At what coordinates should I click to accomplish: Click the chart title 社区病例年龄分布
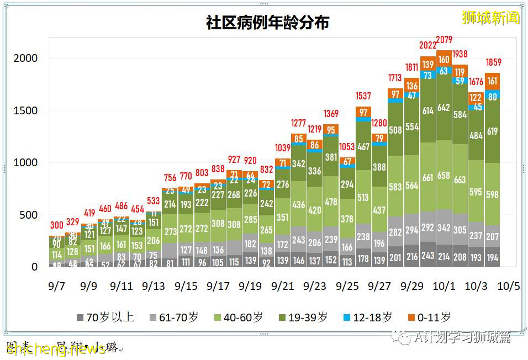pyautogui.click(x=267, y=23)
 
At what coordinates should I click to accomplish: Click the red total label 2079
pyautogui.click(x=444, y=39)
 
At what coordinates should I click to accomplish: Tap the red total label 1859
pyautogui.click(x=493, y=62)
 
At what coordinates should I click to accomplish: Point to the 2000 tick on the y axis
pyautogui.click(x=26, y=59)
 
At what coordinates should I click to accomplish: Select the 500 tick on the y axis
pyautogui.click(x=29, y=215)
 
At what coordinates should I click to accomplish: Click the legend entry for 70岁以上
pyautogui.click(x=105, y=317)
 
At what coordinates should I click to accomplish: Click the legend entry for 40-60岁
pyautogui.click(x=237, y=317)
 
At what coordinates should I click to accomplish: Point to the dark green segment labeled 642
pyautogui.click(x=444, y=108)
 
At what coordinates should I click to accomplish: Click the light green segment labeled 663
pyautogui.click(x=460, y=179)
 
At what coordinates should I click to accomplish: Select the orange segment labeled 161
pyautogui.click(x=493, y=81)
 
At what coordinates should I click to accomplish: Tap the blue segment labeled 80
pyautogui.click(x=493, y=97)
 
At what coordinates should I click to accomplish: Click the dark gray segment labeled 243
pyautogui.click(x=428, y=256)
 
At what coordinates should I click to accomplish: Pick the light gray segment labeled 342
pyautogui.click(x=444, y=227)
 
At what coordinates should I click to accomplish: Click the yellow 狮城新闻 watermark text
pyautogui.click(x=490, y=18)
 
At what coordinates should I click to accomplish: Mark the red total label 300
pyautogui.click(x=57, y=225)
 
